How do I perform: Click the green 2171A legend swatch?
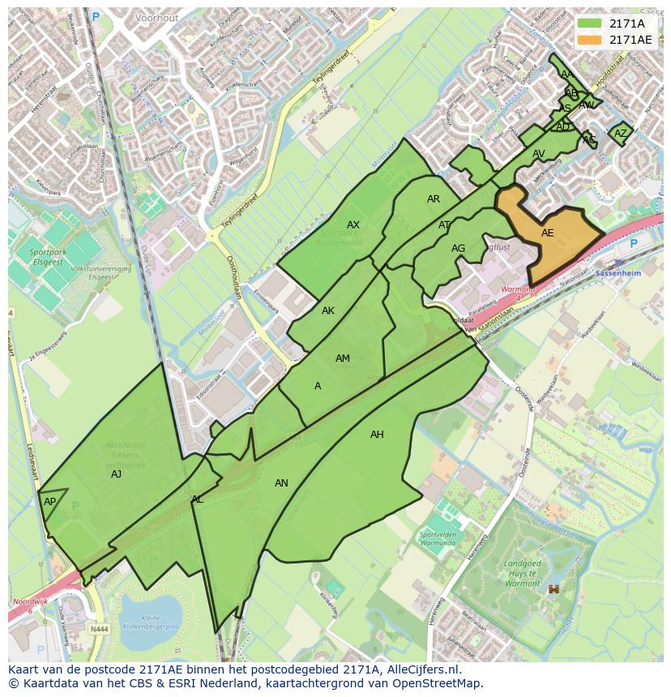[x=591, y=23]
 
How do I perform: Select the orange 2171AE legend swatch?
[x=591, y=39]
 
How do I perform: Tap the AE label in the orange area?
[x=547, y=233]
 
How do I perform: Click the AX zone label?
[x=353, y=225]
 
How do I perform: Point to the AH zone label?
[x=377, y=435]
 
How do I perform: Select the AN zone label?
[x=281, y=483]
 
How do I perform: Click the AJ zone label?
[x=116, y=474]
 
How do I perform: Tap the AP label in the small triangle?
[x=49, y=502]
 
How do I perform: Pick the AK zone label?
[x=327, y=311]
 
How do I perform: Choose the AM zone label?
[x=342, y=359]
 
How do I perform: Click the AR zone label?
[x=434, y=199]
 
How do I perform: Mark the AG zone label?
[x=458, y=249]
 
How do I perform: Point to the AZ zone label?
[x=620, y=134]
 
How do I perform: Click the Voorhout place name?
[x=156, y=16]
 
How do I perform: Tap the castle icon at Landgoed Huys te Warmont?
[x=555, y=590]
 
